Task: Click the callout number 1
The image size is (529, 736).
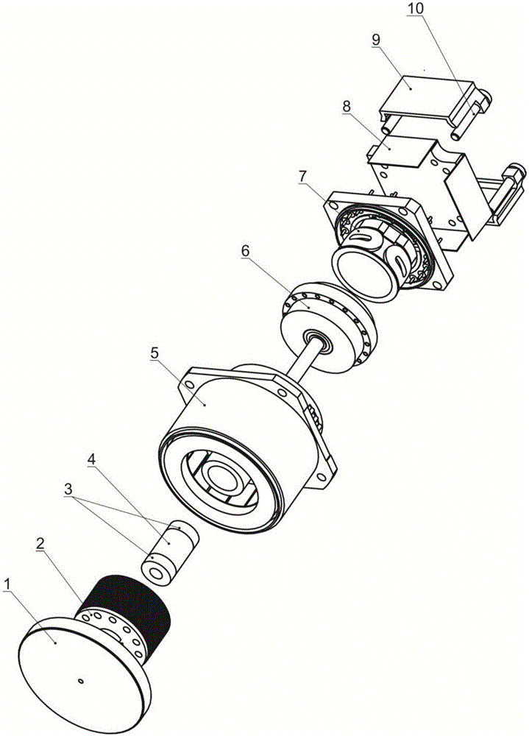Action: point(7,584)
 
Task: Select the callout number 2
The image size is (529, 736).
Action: point(40,544)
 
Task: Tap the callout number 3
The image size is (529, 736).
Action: point(69,489)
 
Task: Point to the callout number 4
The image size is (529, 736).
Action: point(92,459)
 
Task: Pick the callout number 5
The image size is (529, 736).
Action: point(155,353)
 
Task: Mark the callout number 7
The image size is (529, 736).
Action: point(303,177)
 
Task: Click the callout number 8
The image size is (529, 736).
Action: point(347,107)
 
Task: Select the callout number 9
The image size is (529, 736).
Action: point(376,40)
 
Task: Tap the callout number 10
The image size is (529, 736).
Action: point(416,9)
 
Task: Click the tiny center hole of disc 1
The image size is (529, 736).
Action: point(81,680)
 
